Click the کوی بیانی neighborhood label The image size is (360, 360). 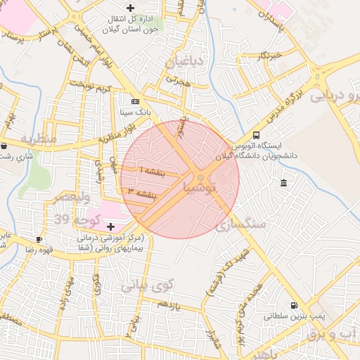pos(146,286)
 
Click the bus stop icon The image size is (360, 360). pos(256,135)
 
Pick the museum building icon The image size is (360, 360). pos(283,184)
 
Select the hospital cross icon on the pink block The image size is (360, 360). pos(110,226)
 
